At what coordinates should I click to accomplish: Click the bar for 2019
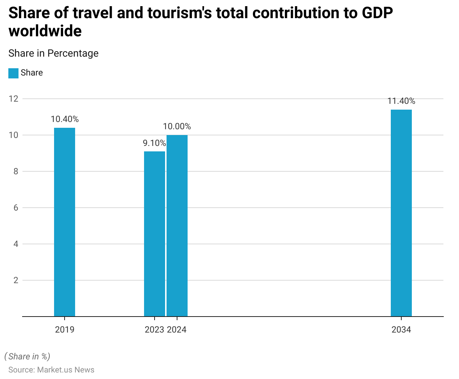click(65, 222)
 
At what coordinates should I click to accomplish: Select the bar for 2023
click(155, 234)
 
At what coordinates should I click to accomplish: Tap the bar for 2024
click(177, 225)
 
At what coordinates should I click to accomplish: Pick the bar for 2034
click(401, 213)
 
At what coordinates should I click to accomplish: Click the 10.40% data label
click(65, 119)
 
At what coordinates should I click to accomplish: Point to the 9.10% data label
click(154, 143)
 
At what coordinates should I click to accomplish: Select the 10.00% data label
click(177, 126)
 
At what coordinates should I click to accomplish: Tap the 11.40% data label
click(401, 101)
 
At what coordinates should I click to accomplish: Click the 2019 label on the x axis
click(65, 330)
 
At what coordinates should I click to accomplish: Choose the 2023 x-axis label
click(155, 330)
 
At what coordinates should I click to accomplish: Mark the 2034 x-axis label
click(401, 330)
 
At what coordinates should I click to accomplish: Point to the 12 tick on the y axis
click(13, 99)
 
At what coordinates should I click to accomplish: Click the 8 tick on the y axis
click(16, 171)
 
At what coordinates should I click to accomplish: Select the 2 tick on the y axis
click(16, 280)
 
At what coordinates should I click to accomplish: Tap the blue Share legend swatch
click(13, 73)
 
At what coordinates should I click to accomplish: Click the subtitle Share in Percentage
click(53, 53)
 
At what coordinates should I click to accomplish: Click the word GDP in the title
click(377, 13)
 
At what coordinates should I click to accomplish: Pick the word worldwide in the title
click(45, 31)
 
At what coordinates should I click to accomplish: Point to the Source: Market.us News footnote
click(51, 370)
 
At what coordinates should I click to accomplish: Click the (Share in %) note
click(27, 356)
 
